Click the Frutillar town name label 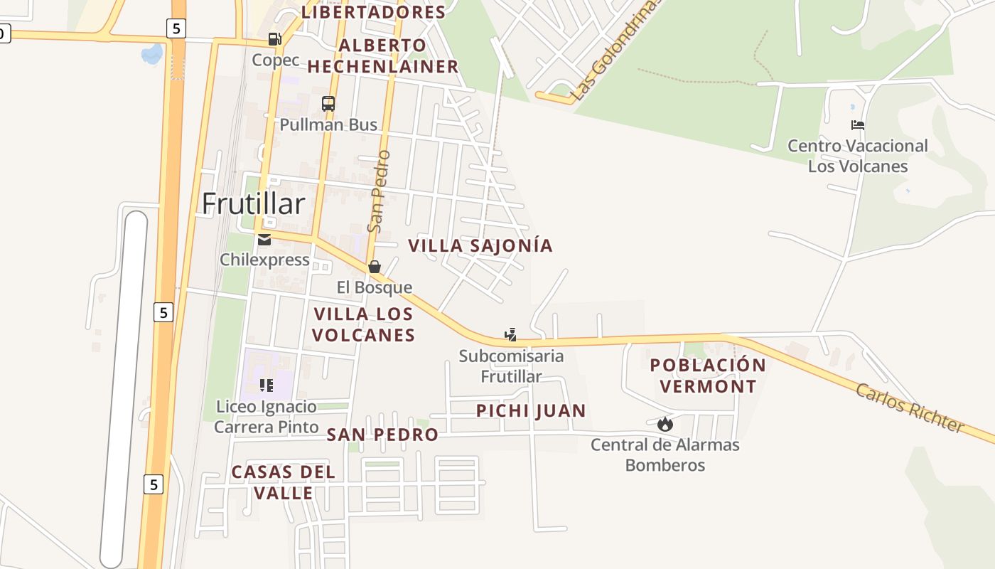click(253, 204)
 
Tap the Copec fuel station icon click(274, 38)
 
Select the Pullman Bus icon click(328, 103)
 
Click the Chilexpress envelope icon click(264, 240)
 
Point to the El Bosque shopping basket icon click(375, 267)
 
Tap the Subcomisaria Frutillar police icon click(510, 334)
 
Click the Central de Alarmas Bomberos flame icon click(665, 425)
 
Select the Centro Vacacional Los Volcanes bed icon click(858, 125)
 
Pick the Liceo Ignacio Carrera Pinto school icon click(267, 385)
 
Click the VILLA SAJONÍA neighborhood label click(480, 246)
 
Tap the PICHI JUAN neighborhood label click(531, 411)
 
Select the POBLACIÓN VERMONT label click(708, 376)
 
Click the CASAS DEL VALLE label click(284, 482)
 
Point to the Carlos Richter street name click(909, 408)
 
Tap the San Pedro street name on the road click(379, 191)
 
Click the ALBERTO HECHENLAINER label click(383, 56)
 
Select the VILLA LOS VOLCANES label click(364, 324)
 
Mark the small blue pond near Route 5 click(152, 53)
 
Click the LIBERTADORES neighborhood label click(374, 12)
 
